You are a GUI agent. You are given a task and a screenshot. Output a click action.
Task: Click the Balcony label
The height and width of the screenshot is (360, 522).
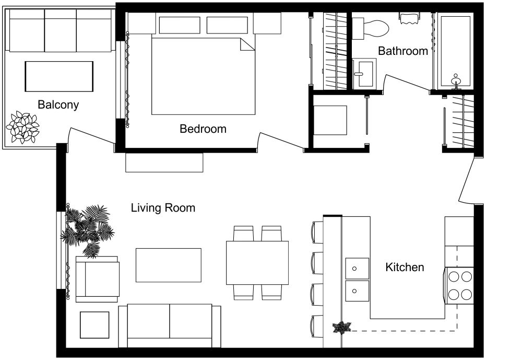[58, 104]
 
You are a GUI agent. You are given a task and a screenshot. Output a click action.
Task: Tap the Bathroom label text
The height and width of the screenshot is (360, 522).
[402, 51]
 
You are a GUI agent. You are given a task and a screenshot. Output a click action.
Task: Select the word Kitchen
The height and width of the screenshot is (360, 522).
[405, 268]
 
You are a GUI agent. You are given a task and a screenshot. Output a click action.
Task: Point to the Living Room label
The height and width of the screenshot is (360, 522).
[163, 208]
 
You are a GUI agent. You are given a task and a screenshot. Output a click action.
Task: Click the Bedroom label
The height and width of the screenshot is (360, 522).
[203, 129]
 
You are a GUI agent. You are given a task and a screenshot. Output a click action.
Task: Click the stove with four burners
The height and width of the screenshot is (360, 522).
[459, 285]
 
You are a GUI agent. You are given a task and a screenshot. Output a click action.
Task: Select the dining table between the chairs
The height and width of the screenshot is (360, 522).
[257, 263]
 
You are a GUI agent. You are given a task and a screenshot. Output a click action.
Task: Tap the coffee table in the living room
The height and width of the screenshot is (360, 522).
[169, 265]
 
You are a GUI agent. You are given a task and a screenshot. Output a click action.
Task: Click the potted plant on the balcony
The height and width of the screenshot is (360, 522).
[22, 126]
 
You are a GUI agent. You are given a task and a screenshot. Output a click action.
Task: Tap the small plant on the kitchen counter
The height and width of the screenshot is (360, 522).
[342, 328]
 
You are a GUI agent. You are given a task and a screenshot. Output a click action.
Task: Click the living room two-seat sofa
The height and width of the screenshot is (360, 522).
[170, 326]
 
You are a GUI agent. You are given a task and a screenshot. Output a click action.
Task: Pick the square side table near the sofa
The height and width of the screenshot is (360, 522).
[94, 325]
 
